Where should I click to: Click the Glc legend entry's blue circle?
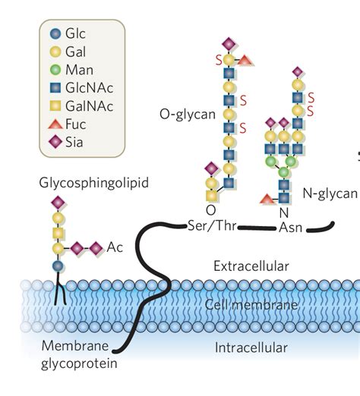point(55,33)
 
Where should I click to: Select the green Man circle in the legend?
point(55,70)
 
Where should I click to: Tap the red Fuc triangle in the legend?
point(55,124)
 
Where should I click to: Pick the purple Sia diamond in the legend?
point(55,142)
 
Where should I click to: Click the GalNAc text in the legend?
point(89,106)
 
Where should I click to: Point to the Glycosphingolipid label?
point(94,183)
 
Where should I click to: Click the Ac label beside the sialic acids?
point(115,247)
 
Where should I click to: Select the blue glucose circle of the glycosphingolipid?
point(58,266)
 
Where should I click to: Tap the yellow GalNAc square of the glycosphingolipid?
point(58,233)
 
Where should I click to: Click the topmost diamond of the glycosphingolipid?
point(58,203)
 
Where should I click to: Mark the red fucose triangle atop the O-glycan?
point(245,61)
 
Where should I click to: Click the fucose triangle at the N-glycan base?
point(267,199)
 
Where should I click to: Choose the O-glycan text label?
point(188,115)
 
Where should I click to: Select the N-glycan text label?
point(330,193)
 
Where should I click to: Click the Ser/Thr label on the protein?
point(213,226)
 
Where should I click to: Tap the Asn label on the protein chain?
point(291,228)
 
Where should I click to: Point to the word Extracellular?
point(251,266)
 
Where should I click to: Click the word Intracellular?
point(251,347)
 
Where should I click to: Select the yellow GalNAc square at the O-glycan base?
point(212,196)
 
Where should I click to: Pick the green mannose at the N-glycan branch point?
point(284,172)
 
